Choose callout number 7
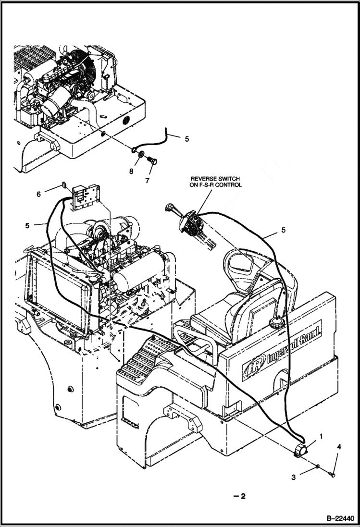(x=147, y=181)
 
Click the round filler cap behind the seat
(x=277, y=321)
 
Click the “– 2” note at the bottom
(x=239, y=496)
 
